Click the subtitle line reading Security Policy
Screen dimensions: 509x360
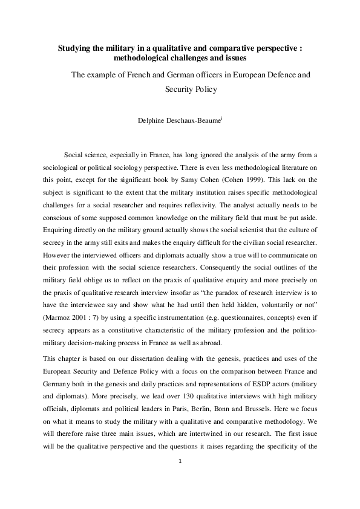click(x=190, y=89)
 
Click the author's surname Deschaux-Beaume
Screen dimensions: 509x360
click(x=194, y=120)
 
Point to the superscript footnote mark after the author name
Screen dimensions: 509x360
click(x=222, y=117)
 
